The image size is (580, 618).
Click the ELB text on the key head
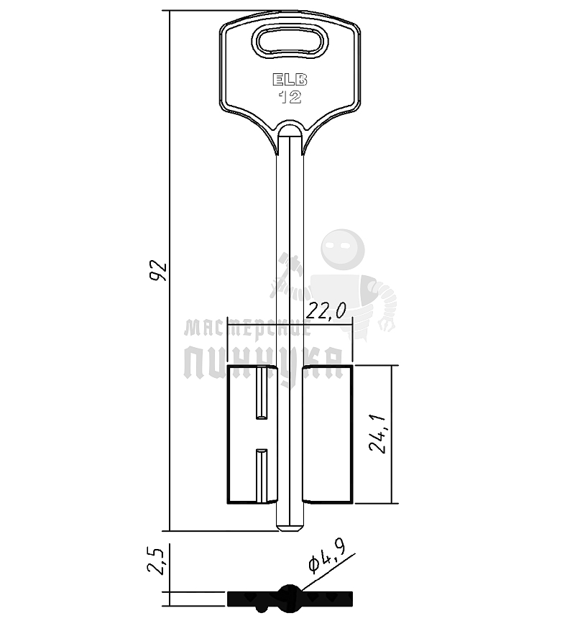tap(290, 80)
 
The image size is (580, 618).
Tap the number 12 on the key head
tap(290, 97)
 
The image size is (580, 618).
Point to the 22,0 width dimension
tap(326, 311)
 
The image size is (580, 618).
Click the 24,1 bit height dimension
tap(378, 434)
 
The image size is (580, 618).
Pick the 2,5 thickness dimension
tap(156, 561)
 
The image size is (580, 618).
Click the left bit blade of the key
tap(252, 434)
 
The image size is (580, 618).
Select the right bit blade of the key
tap(327, 434)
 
